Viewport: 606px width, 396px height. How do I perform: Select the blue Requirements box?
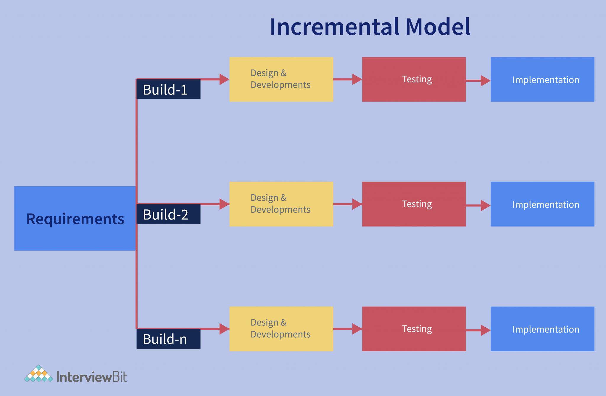75,219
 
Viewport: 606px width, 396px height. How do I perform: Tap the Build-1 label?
168,89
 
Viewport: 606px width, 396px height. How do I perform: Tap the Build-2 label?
168,214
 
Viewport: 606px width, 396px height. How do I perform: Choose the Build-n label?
168,339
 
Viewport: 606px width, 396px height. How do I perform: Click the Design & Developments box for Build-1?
281,79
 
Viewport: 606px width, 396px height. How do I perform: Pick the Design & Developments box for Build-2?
281,204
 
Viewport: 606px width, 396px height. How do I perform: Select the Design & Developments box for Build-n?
281,329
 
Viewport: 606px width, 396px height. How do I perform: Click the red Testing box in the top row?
414,79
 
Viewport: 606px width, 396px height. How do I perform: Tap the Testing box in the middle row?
414,204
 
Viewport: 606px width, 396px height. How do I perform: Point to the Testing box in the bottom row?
414,329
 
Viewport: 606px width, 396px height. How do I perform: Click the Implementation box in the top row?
542,79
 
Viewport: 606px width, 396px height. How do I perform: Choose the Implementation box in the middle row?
542,204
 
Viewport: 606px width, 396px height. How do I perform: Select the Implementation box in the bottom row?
542,329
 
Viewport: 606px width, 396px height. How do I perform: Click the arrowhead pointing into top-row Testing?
357,79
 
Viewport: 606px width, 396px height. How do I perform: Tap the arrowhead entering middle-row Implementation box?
485,205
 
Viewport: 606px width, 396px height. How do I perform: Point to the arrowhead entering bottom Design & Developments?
224,329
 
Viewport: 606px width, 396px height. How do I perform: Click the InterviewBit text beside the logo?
91,377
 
